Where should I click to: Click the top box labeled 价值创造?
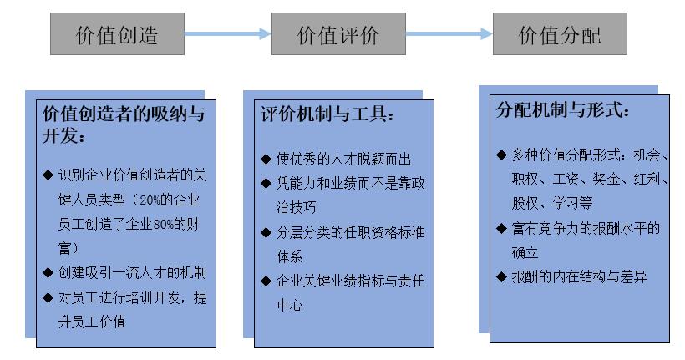pos(117,35)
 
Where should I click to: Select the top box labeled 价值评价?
pos(338,35)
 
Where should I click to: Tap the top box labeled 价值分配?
pos(560,35)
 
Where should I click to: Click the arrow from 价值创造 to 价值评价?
pos(227,34)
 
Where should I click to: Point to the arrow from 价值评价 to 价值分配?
pos(449,34)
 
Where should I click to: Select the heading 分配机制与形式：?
pos(564,109)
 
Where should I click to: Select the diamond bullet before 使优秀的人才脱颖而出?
pos(266,159)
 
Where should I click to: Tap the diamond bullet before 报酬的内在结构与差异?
pos(501,276)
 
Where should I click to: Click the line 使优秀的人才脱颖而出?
pos(344,159)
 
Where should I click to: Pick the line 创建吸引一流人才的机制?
pos(132,273)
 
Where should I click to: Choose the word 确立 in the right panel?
pos(525,251)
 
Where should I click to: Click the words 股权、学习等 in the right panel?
pos(554,202)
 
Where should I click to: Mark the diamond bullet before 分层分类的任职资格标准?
pos(266,232)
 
